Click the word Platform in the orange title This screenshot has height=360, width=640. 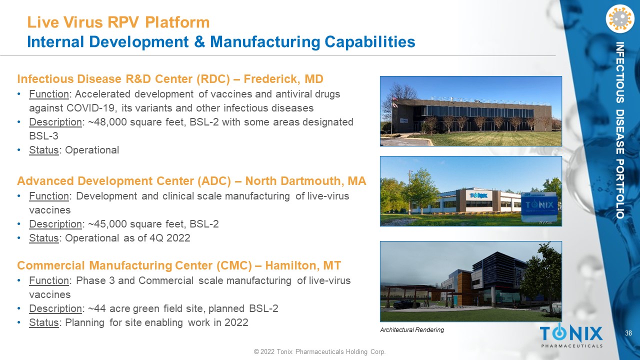click(x=177, y=22)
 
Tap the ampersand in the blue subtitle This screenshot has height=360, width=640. click(x=199, y=41)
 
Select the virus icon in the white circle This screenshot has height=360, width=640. click(x=619, y=19)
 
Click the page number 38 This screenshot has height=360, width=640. click(x=628, y=333)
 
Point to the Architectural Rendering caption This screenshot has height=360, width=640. click(x=412, y=330)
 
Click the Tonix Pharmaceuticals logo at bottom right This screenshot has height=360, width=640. click(x=571, y=336)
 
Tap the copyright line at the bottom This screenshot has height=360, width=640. click(x=319, y=351)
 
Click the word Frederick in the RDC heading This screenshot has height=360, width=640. click(x=270, y=79)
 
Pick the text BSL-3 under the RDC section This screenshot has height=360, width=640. click(x=43, y=136)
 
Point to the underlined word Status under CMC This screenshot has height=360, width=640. click(x=43, y=323)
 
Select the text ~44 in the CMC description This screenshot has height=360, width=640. click(x=97, y=309)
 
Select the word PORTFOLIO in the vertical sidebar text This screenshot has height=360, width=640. click(x=619, y=189)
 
